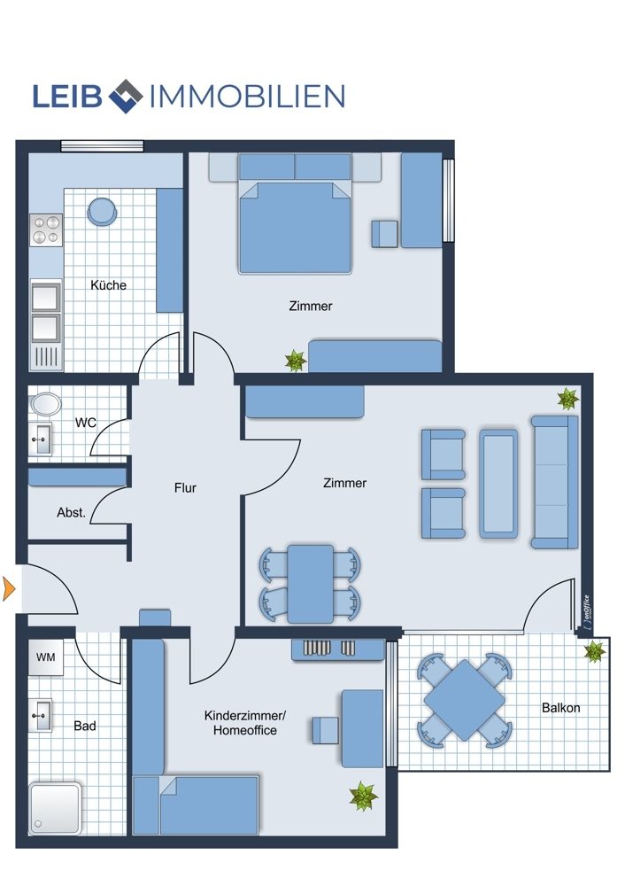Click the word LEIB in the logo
[x=66, y=96]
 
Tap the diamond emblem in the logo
[x=126, y=96]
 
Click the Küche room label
[x=108, y=284]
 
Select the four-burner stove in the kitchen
[x=46, y=230]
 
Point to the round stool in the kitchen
[x=103, y=212]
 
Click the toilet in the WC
[x=46, y=404]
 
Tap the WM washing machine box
[x=46, y=657]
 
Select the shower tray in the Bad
[x=55, y=808]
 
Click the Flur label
[x=185, y=487]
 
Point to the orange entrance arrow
[x=9, y=589]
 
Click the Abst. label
[x=71, y=512]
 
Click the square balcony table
[x=465, y=700]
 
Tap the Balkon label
[x=560, y=707]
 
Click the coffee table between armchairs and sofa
[x=498, y=484]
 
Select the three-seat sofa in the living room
[x=555, y=482]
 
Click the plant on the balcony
[x=594, y=651]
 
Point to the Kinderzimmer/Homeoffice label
[x=245, y=723]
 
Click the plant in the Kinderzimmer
[x=363, y=797]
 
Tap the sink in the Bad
[x=40, y=716]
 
